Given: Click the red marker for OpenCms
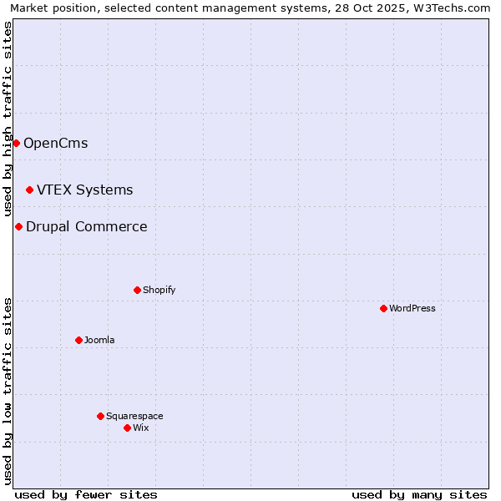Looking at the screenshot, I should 16,143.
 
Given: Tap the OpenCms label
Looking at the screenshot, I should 55,143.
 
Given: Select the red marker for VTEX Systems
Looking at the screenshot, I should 29,190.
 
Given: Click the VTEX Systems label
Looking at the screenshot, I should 84,190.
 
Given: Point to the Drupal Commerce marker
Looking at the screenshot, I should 18,226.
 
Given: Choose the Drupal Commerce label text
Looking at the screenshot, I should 86,226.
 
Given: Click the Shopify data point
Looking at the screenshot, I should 137,290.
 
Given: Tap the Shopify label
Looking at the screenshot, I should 159,290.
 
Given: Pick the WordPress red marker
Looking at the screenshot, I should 383,308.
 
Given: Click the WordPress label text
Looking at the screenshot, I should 412,308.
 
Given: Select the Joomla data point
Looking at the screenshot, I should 78,340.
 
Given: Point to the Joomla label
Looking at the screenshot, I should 99,340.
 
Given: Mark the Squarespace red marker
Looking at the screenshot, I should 100,416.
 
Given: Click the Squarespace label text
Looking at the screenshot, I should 134,416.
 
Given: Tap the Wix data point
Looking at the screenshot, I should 127,428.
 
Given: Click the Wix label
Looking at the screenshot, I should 140,428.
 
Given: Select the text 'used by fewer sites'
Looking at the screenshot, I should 86,494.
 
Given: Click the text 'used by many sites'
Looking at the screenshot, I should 419,494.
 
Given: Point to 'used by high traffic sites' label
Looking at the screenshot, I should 8,119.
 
